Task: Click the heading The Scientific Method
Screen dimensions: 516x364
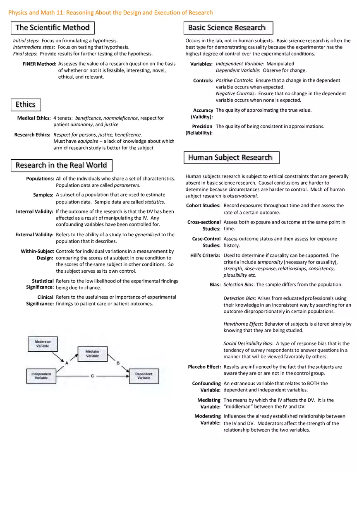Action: [53, 28]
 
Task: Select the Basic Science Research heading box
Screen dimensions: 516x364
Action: [227, 28]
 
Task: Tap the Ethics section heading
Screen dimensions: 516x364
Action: [26, 104]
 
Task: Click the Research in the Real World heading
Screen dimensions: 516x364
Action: [61, 166]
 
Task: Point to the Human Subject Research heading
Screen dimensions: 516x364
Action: [231, 157]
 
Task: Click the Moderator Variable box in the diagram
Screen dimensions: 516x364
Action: [43, 344]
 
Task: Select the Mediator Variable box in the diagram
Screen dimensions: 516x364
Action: [92, 353]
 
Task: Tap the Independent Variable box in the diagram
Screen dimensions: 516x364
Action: [41, 376]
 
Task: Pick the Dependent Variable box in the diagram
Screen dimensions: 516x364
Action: [144, 376]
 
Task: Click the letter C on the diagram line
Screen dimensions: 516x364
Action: [92, 376]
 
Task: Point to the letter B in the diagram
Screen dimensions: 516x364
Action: [118, 363]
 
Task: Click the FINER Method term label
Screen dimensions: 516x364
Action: [39, 64]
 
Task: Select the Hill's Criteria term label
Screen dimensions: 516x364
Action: [205, 255]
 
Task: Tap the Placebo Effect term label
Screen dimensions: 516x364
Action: [204, 367]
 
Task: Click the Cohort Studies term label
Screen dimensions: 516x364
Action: [204, 206]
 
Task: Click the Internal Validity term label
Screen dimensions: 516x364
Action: [34, 211]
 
